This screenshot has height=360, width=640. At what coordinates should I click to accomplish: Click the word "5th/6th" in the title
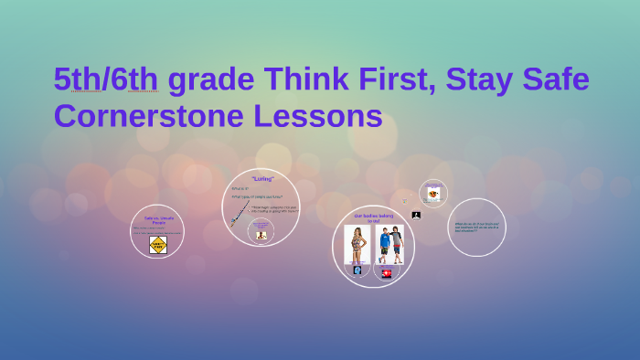coord(105,80)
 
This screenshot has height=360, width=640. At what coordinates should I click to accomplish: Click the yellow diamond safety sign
coord(158,244)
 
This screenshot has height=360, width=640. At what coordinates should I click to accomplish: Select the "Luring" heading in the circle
coord(262,179)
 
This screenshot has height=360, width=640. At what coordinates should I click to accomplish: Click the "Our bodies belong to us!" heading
coord(373,217)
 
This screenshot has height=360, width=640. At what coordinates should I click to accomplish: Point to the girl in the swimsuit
coord(357,244)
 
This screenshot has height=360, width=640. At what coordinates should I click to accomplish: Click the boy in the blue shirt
coord(385,244)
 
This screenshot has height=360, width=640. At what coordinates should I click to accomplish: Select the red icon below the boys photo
coord(387,272)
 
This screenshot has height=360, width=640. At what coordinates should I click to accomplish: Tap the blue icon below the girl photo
coord(357,270)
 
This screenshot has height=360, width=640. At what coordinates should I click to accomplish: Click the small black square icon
coord(416,216)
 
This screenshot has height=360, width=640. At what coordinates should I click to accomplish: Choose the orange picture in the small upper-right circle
coord(433,194)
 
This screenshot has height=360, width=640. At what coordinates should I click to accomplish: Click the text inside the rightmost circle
coord(476,226)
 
